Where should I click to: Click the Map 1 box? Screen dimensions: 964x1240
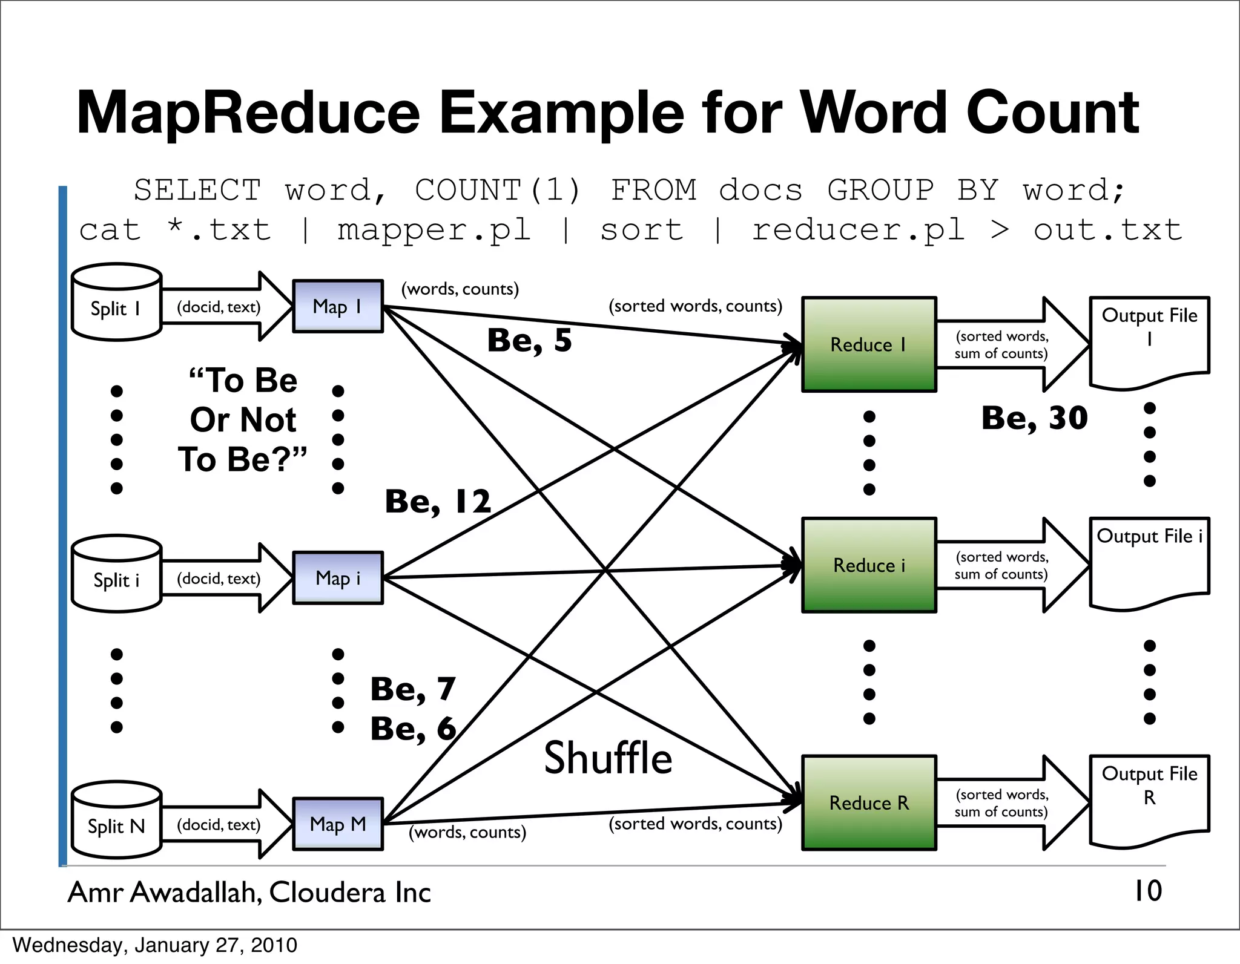pyautogui.click(x=338, y=306)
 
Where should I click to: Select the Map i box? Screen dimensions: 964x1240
pyautogui.click(x=338, y=578)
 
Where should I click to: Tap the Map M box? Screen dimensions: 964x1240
pyautogui.click(x=338, y=824)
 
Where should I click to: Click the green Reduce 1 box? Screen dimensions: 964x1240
pyautogui.click(x=869, y=344)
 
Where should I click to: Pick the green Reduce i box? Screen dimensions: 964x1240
pyautogui.click(x=869, y=565)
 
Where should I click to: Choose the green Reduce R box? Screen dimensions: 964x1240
pyautogui.click(x=869, y=802)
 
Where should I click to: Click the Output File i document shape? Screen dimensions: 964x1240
pyautogui.click(x=1149, y=560)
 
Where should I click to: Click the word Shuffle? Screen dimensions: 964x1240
pyautogui.click(x=608, y=758)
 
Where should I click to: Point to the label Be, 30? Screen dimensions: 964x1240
pyautogui.click(x=1034, y=418)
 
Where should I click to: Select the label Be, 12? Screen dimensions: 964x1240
pyautogui.click(x=438, y=502)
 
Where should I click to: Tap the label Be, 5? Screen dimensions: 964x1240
pyautogui.click(x=529, y=340)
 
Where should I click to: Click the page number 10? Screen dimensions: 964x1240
pyautogui.click(x=1147, y=891)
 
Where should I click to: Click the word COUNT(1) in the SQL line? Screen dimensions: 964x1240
pyautogui.click(x=498, y=190)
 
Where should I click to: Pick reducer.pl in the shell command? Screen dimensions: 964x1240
pyautogui.click(x=858, y=230)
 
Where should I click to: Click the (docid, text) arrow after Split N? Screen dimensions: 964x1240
pyautogui.click(x=224, y=825)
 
